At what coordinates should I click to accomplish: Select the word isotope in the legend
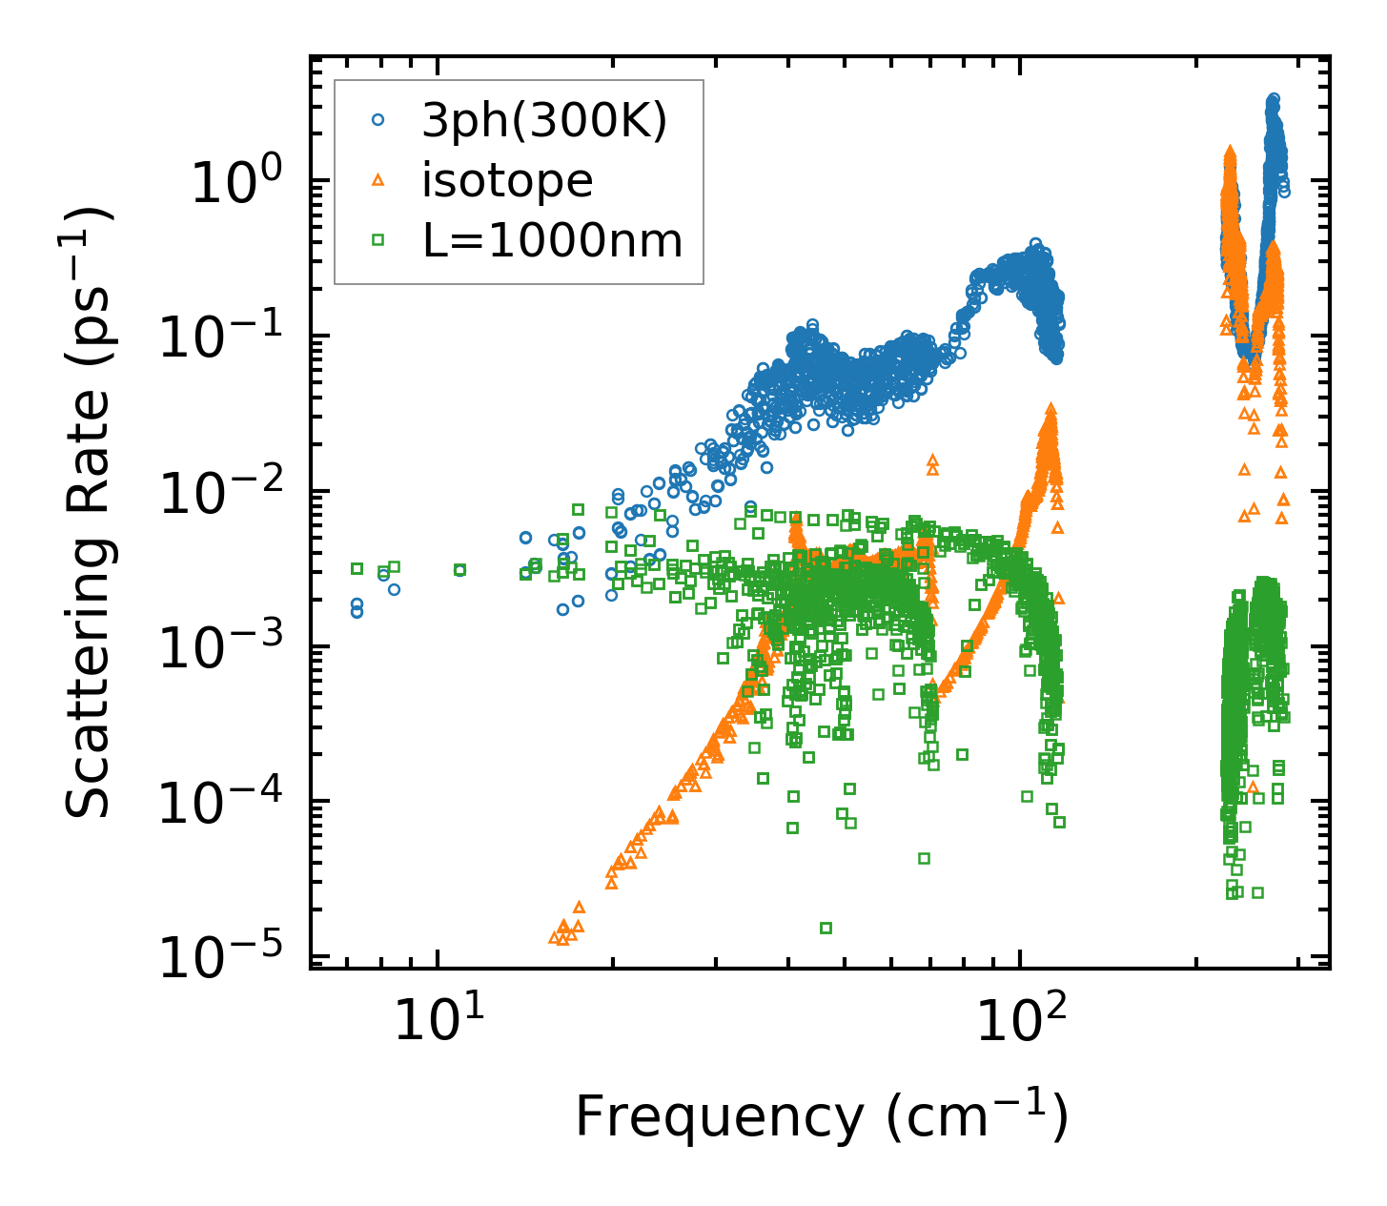(x=507, y=181)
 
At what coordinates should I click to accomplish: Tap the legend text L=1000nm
(x=553, y=241)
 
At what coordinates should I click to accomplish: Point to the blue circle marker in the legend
(x=377, y=120)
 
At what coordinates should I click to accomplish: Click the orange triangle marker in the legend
(x=377, y=180)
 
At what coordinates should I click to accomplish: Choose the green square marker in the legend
(x=377, y=241)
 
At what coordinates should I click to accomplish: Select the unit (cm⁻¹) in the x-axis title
(x=977, y=1117)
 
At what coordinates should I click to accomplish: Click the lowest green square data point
(x=826, y=928)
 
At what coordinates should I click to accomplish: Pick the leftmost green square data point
(x=357, y=568)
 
